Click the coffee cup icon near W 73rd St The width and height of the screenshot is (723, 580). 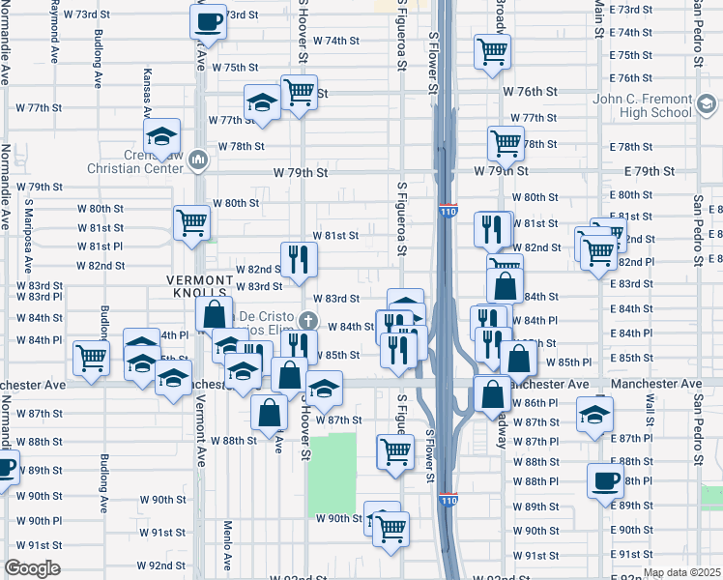pyautogui.click(x=209, y=19)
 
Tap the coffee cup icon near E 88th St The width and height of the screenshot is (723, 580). pyautogui.click(x=607, y=480)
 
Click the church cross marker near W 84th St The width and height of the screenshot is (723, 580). pyautogui.click(x=308, y=320)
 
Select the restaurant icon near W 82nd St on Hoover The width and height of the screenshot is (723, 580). pyautogui.click(x=299, y=257)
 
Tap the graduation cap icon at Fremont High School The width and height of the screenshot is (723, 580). pyautogui.click(x=707, y=103)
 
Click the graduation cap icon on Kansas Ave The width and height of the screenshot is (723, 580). pyautogui.click(x=162, y=135)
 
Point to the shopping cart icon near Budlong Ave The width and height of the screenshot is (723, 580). pyautogui.click(x=92, y=358)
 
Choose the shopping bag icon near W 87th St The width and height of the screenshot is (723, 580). pyautogui.click(x=270, y=412)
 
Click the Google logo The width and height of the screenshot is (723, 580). pyautogui.click(x=32, y=568)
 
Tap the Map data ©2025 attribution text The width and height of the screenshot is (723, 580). pyautogui.click(x=681, y=572)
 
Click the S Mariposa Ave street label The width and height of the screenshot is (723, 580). pyautogui.click(x=29, y=237)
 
